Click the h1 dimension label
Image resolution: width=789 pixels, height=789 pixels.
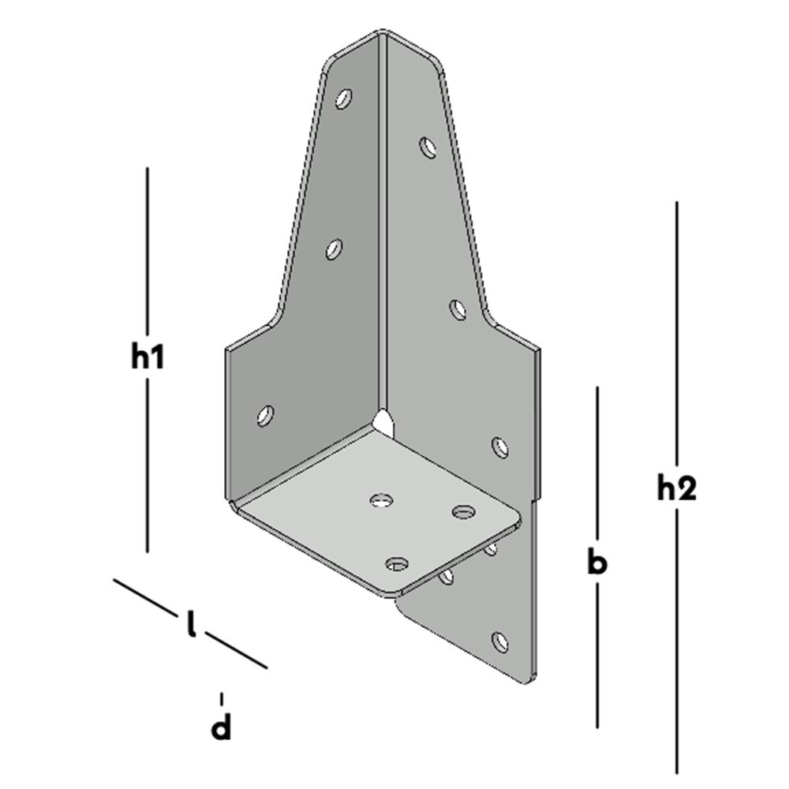[x=148, y=357]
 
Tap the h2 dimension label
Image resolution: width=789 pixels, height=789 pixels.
[x=677, y=489]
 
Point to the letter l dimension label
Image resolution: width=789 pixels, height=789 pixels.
[x=190, y=624]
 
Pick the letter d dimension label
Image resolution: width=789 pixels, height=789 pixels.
[x=222, y=727]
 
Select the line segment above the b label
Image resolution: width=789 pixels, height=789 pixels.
[x=597, y=466]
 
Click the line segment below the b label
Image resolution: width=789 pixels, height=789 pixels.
[x=597, y=655]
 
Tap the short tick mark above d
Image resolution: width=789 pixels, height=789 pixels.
[x=222, y=698]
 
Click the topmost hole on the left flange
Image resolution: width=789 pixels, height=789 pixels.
[x=343, y=99]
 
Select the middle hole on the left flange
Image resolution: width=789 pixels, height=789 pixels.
[x=334, y=250]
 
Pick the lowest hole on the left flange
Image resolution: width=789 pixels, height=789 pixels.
[x=266, y=415]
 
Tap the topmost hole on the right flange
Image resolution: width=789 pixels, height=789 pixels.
[x=428, y=147]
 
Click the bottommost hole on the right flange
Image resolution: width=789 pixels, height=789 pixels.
[x=499, y=641]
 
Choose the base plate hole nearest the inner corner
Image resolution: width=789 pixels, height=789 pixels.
[x=382, y=499]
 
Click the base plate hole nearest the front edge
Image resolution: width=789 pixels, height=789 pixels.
[x=397, y=563]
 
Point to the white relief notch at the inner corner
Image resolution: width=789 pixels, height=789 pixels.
[x=383, y=421]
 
